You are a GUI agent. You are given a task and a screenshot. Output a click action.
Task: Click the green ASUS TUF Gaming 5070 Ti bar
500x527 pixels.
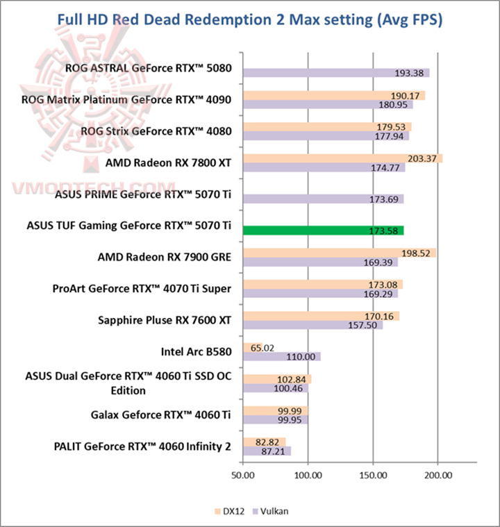point(323,231)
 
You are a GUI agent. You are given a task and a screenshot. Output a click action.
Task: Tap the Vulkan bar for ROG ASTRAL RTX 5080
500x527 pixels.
point(336,73)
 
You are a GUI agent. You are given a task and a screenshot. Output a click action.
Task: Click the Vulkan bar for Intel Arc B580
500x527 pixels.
point(281,356)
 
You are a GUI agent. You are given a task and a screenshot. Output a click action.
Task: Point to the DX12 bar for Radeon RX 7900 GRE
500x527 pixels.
point(340,253)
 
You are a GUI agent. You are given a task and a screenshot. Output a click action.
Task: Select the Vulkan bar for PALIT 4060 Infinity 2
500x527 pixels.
point(267,451)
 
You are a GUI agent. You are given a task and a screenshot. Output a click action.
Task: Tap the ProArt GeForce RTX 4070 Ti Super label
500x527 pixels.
point(142,288)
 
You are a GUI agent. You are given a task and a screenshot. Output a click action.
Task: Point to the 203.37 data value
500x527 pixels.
point(422,158)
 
